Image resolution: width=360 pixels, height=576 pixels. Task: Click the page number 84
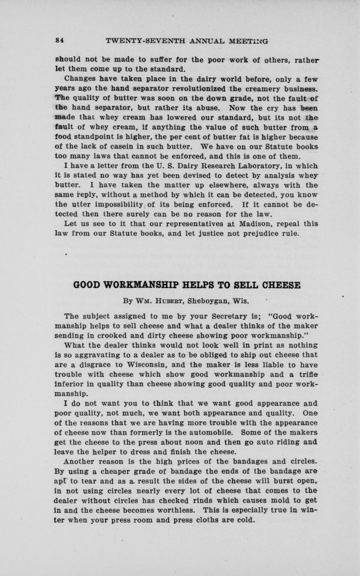coord(59,41)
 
